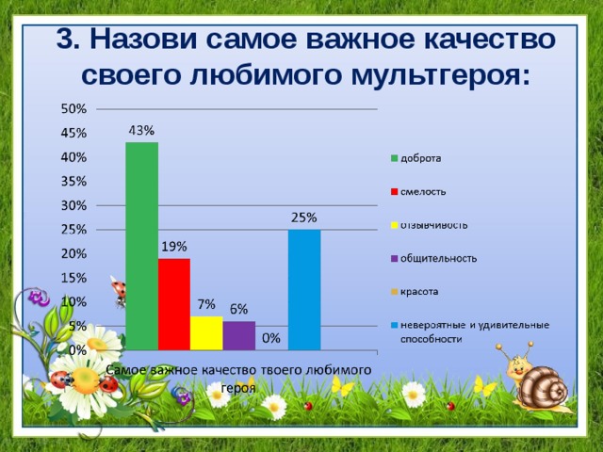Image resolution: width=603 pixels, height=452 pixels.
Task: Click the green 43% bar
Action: pos(141,245)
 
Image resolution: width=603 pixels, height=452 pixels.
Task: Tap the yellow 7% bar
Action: pos(206,332)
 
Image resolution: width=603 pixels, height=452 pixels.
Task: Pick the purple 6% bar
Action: pos(238,334)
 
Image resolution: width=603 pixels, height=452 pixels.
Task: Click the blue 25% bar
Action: pos(303,289)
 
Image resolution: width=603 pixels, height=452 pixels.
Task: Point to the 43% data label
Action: pos(141,130)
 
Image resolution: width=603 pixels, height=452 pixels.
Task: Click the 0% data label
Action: pos(270,337)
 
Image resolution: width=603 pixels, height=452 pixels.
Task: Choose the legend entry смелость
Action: pos(423,191)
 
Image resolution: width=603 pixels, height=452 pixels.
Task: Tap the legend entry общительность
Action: pos(438,258)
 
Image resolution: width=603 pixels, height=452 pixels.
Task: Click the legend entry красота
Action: pos(421,292)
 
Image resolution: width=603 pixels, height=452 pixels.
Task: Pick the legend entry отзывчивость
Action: pos(433,224)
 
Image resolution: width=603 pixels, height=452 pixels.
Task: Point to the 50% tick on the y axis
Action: pos(75,108)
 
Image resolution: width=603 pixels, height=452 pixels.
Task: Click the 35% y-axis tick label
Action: pos(75,181)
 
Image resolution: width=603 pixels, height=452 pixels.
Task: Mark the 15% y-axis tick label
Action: pos(75,278)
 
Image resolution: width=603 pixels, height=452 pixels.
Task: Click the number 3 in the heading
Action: pos(64,40)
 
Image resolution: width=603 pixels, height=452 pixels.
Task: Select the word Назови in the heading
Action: pos(152,40)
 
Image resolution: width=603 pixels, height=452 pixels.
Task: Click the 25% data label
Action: pos(303,218)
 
